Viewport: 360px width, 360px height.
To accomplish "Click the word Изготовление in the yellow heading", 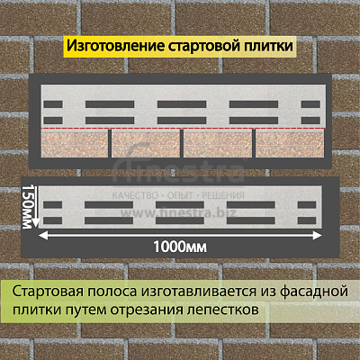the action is click(115, 46).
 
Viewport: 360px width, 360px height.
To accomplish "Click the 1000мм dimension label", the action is click(180, 247).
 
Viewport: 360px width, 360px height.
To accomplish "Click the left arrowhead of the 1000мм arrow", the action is click(42, 236).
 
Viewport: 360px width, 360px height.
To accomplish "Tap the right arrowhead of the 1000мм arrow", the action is click(318, 236).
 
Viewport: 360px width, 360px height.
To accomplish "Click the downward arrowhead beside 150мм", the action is click(36, 223).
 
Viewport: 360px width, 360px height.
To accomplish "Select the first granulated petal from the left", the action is click(75, 144).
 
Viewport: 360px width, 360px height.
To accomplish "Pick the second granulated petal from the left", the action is click(146, 144).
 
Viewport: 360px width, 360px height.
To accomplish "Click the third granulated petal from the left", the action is click(218, 144).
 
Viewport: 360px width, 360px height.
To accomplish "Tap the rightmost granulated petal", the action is click(291, 144).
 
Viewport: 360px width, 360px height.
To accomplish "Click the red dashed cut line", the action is click(183, 129).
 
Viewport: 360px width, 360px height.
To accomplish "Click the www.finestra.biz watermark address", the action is click(178, 212).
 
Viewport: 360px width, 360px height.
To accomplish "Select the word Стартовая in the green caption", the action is click(48, 292).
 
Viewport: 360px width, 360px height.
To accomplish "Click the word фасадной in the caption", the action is click(314, 292).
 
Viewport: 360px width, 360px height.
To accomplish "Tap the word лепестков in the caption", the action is click(222, 310).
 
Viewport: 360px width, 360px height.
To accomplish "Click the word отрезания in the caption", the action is click(147, 310).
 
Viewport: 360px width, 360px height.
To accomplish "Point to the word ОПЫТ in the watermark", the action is click(180, 195).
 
